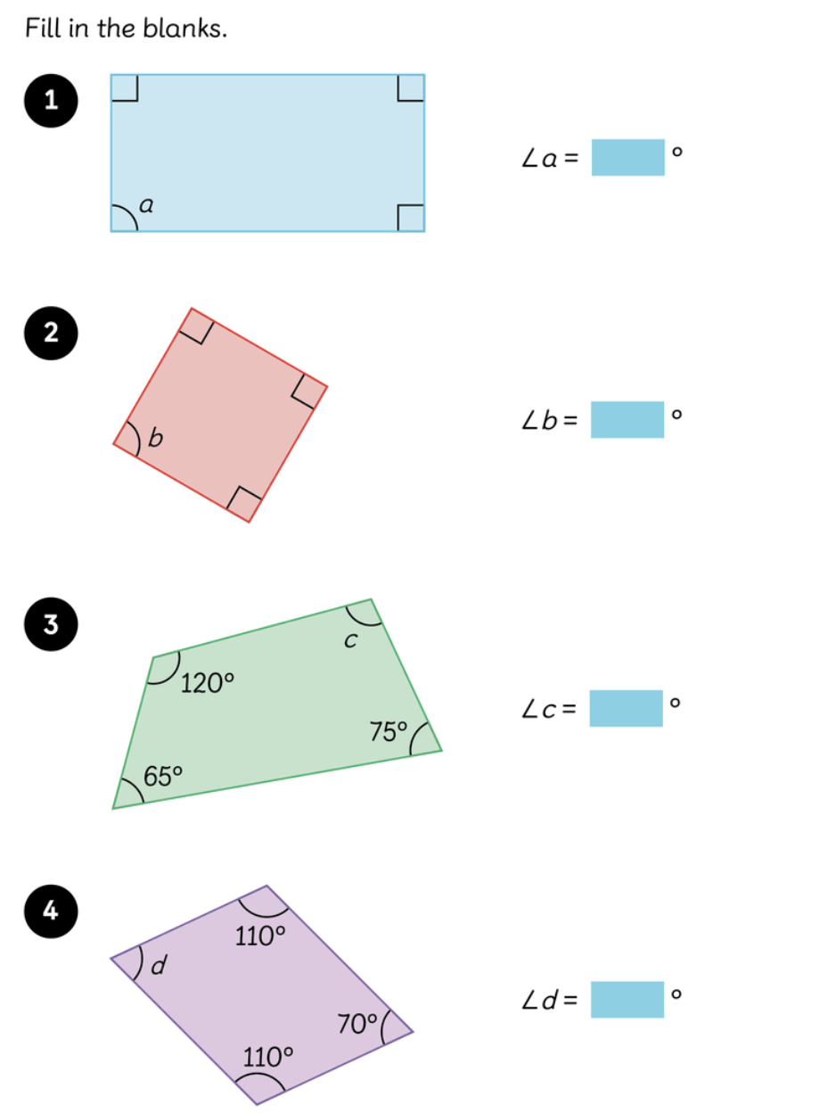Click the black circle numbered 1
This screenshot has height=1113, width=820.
click(51, 101)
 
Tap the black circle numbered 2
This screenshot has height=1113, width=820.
click(51, 333)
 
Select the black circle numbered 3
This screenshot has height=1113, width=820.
click(51, 625)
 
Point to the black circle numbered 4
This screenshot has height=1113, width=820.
click(51, 911)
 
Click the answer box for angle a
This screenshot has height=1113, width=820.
click(627, 158)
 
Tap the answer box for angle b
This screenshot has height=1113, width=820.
click(627, 419)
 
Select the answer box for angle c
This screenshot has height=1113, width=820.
click(626, 708)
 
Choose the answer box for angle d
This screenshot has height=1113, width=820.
click(627, 1000)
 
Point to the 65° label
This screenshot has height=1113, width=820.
click(163, 776)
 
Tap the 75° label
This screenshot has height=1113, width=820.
click(389, 732)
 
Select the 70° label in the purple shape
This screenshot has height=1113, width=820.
click(358, 1024)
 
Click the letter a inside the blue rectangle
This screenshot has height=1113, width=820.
click(147, 206)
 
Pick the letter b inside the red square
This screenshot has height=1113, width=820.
click(156, 438)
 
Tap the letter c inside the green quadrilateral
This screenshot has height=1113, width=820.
click(351, 640)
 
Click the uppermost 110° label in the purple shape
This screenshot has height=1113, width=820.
click(260, 936)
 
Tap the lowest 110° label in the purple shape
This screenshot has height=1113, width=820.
click(268, 1058)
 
